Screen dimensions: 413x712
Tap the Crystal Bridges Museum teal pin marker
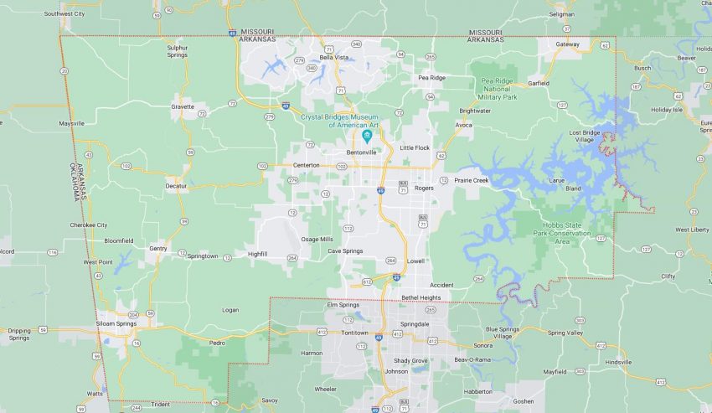[x=367, y=136]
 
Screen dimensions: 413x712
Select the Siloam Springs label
[x=115, y=324]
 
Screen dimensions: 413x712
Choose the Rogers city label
[x=424, y=188]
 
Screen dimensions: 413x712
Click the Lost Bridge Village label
[x=586, y=137]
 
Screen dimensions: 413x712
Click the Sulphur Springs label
[x=177, y=51]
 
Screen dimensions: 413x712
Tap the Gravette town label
[x=183, y=106]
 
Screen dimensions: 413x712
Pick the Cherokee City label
[x=88, y=225]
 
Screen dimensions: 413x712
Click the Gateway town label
[x=568, y=44]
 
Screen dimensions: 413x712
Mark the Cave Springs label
[x=345, y=250]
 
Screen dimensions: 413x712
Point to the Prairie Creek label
[x=471, y=179]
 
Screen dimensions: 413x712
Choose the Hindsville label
[x=618, y=362]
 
